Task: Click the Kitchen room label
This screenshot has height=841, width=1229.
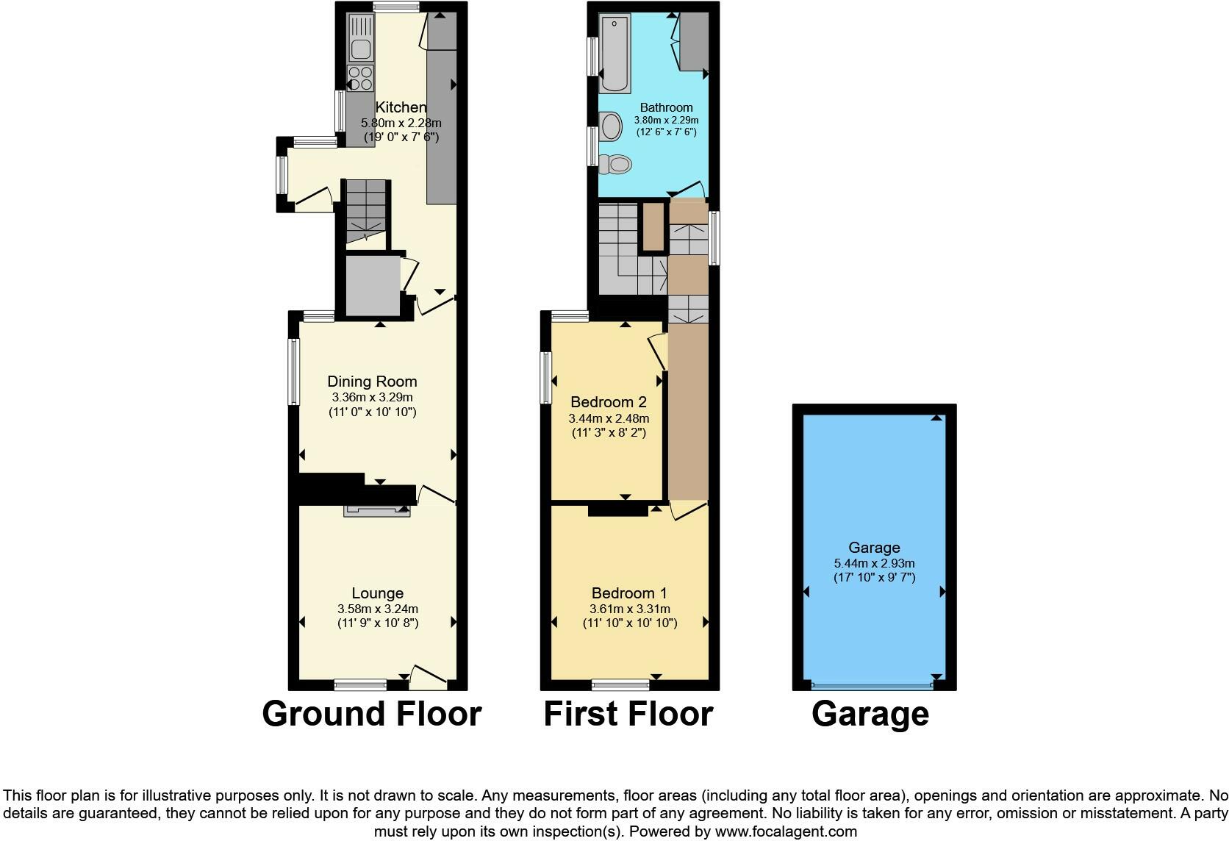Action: tap(401, 107)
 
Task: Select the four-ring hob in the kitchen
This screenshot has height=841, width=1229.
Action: tap(360, 78)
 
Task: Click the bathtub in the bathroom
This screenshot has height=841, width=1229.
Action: tap(614, 54)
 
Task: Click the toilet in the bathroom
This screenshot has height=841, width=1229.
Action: tap(616, 164)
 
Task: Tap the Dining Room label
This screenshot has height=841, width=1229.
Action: tap(372, 382)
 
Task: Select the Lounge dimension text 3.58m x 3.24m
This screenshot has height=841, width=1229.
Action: tap(378, 609)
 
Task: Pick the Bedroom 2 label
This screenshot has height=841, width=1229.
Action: tap(609, 402)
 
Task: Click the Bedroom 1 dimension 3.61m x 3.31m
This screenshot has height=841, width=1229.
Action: tap(630, 609)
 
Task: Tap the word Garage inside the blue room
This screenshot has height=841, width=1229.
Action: tap(874, 548)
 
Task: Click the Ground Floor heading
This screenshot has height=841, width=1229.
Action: tap(372, 714)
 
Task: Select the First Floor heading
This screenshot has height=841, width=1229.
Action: tap(628, 714)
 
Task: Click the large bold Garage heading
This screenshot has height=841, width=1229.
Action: tap(870, 714)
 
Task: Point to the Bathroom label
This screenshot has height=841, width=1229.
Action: tap(666, 107)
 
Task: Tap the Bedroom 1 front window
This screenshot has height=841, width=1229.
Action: tap(620, 685)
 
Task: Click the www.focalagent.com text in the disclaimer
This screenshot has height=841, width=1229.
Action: tap(786, 832)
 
